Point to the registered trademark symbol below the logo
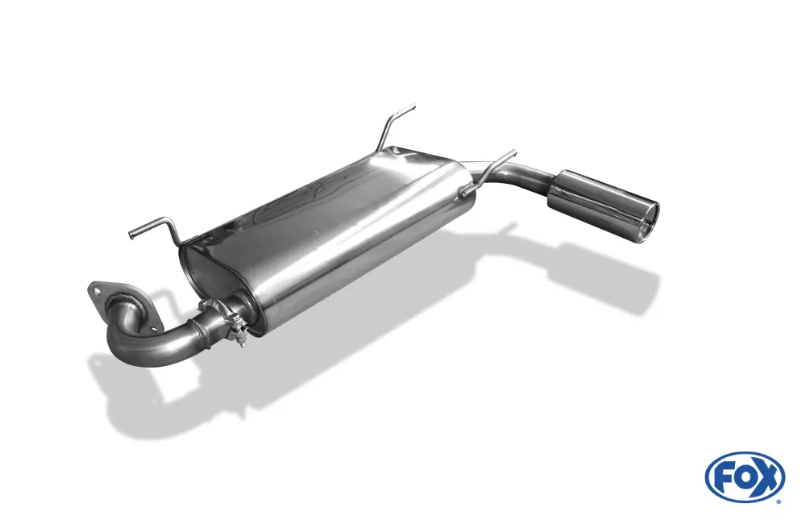(x=779, y=501)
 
